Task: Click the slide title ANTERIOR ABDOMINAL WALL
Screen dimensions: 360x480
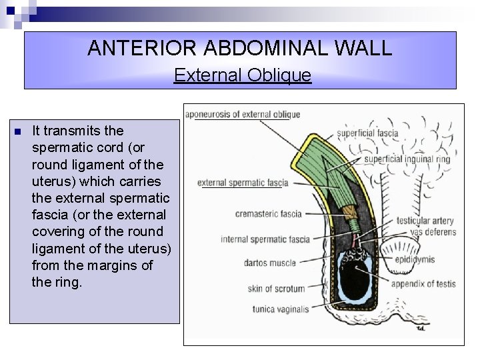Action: point(239,48)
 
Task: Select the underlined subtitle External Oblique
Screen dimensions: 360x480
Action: point(242,75)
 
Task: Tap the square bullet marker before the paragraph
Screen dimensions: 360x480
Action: point(18,131)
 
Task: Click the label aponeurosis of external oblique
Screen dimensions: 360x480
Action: point(243,115)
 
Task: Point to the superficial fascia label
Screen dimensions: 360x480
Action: point(367,133)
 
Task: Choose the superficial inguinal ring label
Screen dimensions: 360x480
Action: point(407,159)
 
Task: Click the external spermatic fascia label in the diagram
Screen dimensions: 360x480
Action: point(243,183)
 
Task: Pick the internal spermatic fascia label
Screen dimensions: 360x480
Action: point(265,239)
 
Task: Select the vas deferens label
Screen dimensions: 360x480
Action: point(433,232)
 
